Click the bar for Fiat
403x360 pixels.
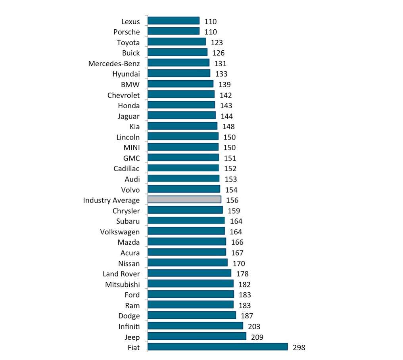(217, 347)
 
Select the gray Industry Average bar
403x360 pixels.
(184, 199)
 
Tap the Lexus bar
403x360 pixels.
(173, 21)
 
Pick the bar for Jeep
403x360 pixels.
(197, 337)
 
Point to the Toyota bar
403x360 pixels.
(177, 42)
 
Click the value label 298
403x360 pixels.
(299, 348)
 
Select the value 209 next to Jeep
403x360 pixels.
(257, 337)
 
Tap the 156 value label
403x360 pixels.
(232, 200)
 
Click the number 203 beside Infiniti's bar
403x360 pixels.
(254, 327)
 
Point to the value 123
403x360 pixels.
(217, 42)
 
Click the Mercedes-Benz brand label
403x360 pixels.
(114, 63)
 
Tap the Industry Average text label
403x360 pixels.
(111, 200)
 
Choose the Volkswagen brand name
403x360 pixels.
(120, 232)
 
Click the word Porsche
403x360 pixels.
(127, 32)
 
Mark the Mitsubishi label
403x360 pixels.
(123, 284)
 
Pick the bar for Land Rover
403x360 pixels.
(189, 273)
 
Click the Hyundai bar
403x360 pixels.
(179, 73)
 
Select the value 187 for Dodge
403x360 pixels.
(247, 316)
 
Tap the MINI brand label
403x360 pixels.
(132, 147)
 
